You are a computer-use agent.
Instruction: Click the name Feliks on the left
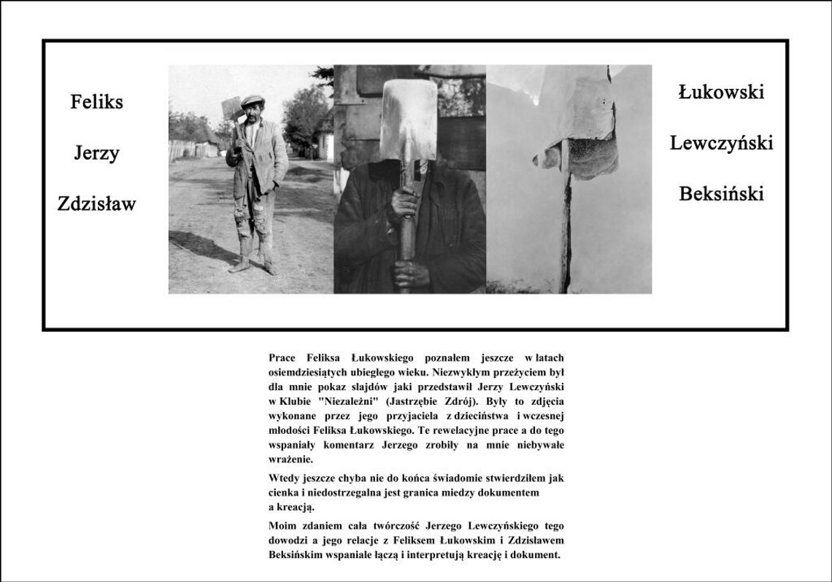coord(96,102)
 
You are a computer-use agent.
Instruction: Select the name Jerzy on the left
coord(96,154)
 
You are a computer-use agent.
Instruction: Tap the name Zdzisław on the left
coord(96,204)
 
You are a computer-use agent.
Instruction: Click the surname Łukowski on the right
coord(720,93)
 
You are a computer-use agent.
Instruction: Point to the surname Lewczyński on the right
coord(720,144)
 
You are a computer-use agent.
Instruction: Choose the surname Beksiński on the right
coord(720,194)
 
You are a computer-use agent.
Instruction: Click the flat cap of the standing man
coord(253,100)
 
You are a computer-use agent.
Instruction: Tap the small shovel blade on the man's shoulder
coord(231,109)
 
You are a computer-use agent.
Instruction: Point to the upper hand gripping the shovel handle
coord(404,204)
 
